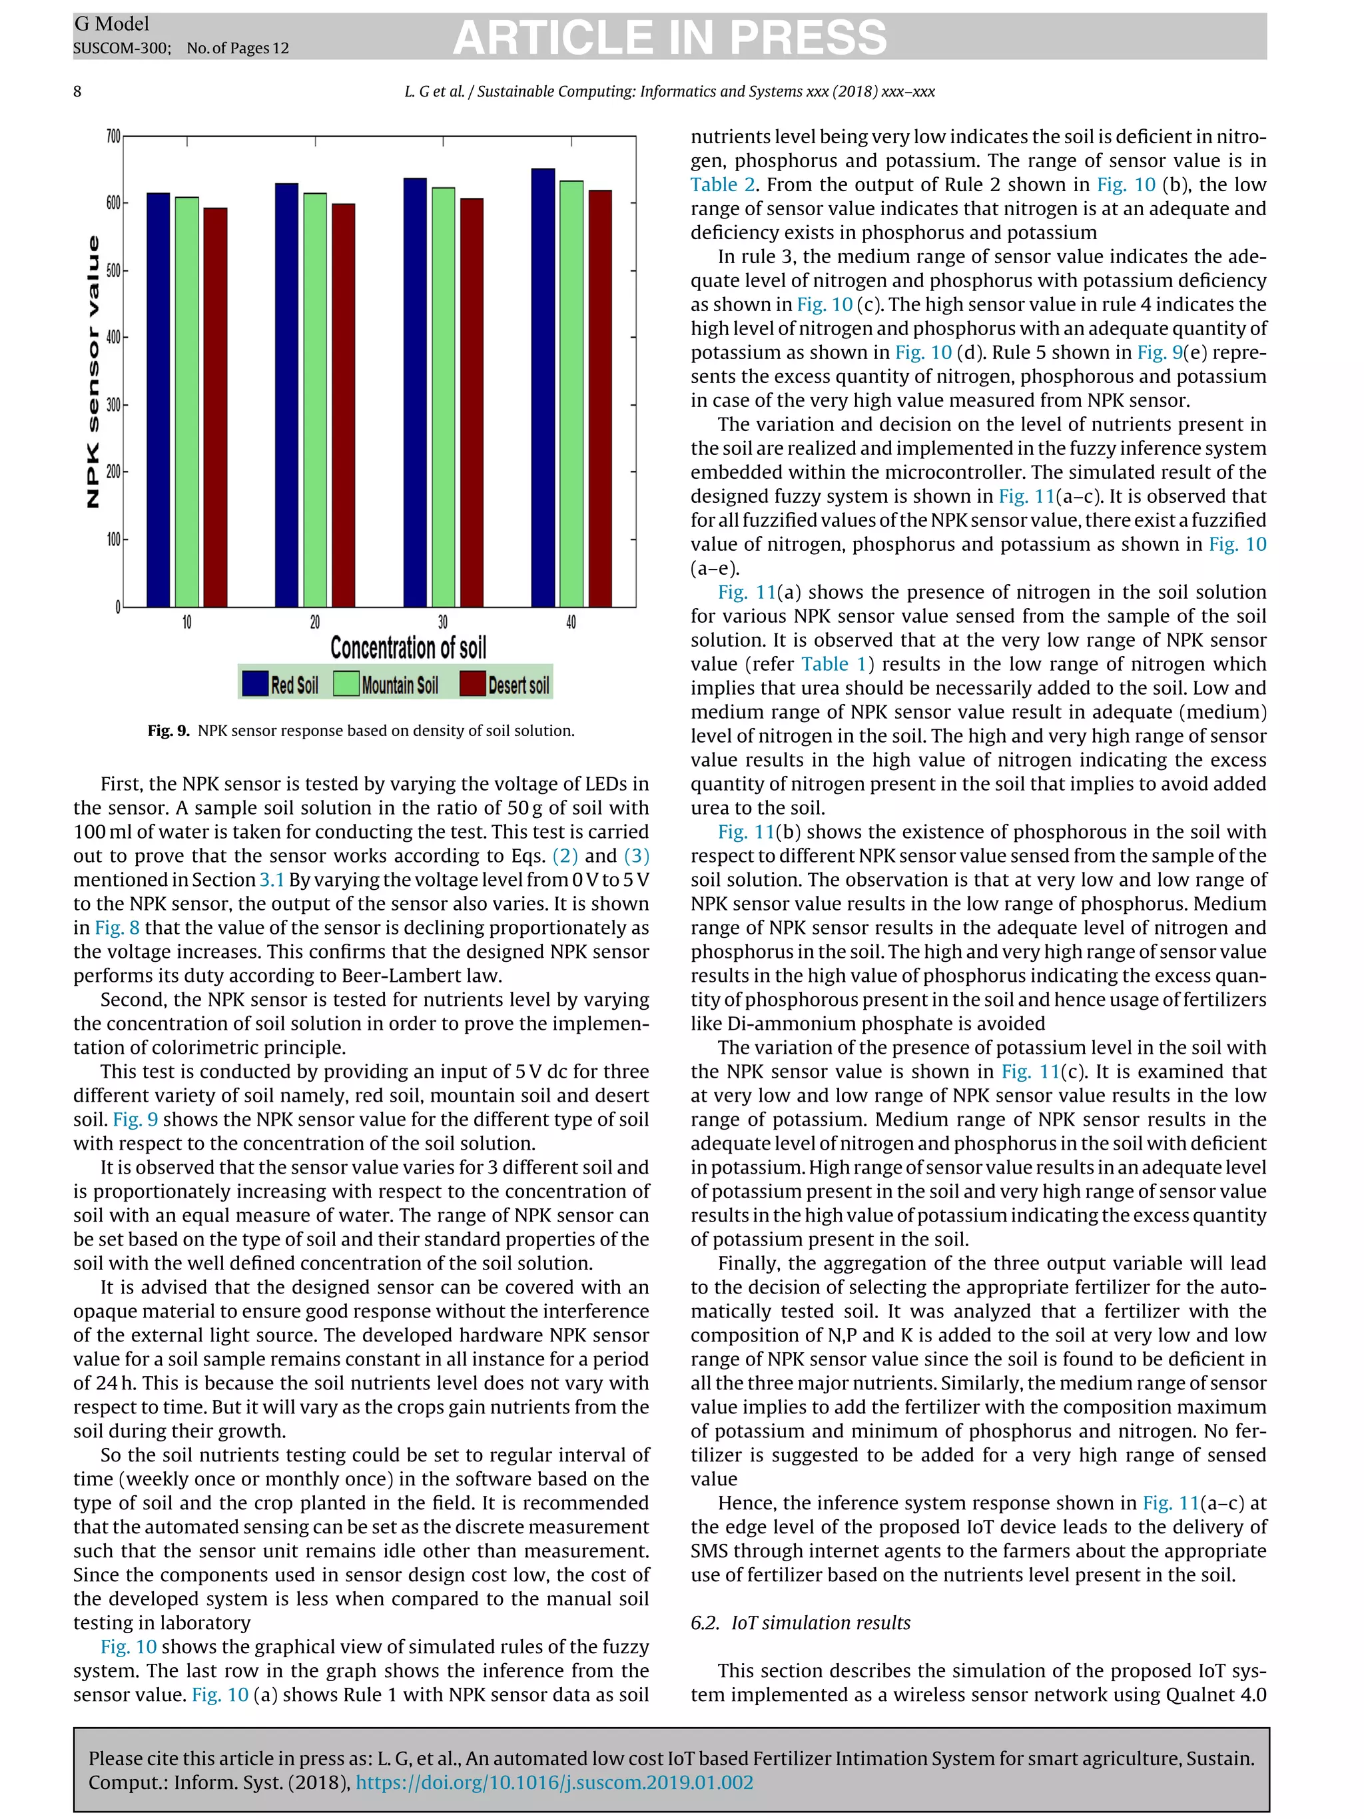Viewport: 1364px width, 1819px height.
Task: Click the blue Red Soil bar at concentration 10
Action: click(x=158, y=400)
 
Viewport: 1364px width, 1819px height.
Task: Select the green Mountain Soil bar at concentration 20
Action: click(x=315, y=400)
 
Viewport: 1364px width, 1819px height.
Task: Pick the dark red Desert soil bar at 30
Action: click(x=471, y=403)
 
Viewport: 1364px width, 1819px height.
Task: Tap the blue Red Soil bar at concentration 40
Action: click(x=543, y=388)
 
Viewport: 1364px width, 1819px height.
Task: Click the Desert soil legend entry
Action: click(x=505, y=684)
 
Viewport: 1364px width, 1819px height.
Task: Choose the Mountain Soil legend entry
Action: click(x=386, y=684)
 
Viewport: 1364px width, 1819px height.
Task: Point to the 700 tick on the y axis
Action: click(x=113, y=137)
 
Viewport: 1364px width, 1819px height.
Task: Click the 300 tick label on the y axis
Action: click(x=113, y=404)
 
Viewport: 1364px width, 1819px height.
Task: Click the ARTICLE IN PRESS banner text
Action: click(x=669, y=38)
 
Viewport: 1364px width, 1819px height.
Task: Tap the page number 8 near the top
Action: click(x=77, y=91)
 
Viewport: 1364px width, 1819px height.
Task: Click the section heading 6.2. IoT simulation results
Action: click(x=800, y=1623)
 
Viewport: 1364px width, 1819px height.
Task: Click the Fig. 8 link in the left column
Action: click(x=117, y=928)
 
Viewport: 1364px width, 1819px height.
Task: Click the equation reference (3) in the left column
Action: click(x=635, y=856)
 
